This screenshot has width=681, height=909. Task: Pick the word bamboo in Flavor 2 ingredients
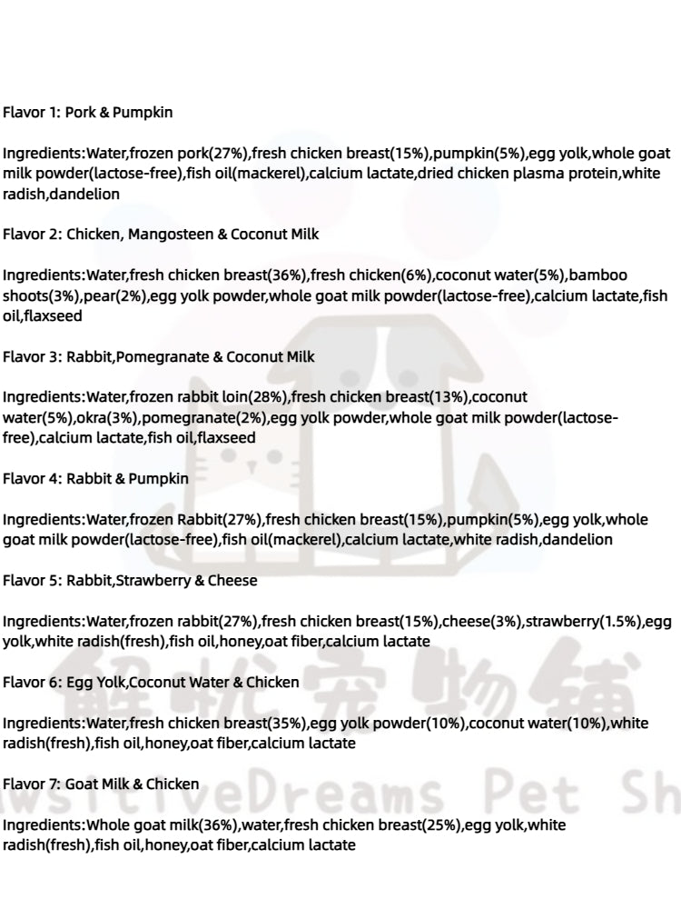598,275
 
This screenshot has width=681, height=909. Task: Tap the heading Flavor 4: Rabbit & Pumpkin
95,478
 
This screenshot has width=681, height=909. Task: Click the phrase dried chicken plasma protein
517,174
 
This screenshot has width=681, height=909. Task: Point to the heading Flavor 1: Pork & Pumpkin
87,113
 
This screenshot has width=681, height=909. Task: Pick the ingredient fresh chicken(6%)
373,275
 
